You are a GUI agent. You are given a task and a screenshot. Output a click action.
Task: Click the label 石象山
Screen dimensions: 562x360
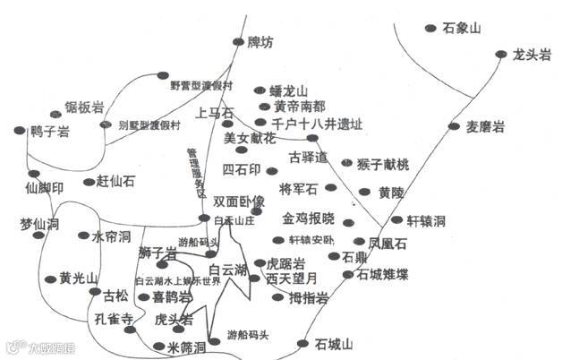click(463, 28)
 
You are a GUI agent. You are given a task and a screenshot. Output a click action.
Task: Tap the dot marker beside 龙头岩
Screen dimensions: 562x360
click(501, 56)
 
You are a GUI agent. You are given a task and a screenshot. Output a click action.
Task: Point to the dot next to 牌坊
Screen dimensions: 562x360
click(237, 41)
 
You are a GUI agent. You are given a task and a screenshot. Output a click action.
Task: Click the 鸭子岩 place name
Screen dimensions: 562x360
click(50, 132)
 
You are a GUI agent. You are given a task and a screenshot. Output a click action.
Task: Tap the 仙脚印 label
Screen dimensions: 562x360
click(46, 188)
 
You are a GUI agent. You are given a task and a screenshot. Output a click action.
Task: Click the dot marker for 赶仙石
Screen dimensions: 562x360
click(89, 182)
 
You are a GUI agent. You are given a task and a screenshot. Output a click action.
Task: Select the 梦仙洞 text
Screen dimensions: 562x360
click(38, 224)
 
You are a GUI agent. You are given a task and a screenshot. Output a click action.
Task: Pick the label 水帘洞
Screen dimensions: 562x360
click(112, 236)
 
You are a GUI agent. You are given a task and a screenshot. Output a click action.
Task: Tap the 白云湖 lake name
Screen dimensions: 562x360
click(228, 269)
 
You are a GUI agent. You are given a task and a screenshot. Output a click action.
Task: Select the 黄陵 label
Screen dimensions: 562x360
click(392, 192)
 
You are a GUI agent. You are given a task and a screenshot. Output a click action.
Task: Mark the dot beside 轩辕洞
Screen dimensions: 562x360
click(396, 219)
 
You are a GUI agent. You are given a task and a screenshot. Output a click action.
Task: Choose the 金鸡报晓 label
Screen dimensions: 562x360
click(309, 219)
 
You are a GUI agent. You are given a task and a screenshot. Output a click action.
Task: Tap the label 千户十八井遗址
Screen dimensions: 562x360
click(318, 123)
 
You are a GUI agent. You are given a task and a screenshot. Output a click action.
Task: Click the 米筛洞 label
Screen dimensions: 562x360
click(187, 346)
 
